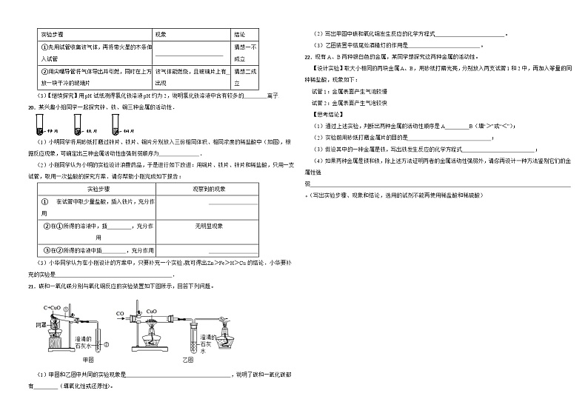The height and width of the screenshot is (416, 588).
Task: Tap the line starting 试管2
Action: [349, 103]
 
